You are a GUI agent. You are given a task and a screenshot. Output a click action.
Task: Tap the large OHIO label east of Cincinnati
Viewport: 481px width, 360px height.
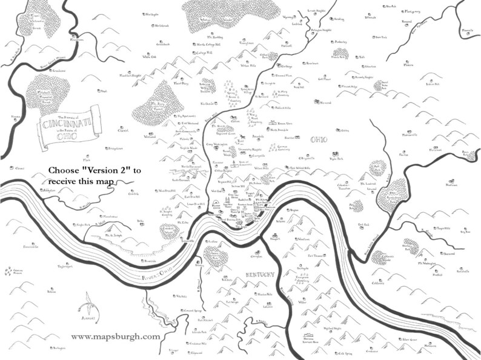[319, 141]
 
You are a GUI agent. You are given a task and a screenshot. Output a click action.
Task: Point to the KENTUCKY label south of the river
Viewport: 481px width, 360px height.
[260, 275]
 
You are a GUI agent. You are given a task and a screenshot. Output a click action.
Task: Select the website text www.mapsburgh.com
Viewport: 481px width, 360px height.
[116, 336]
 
